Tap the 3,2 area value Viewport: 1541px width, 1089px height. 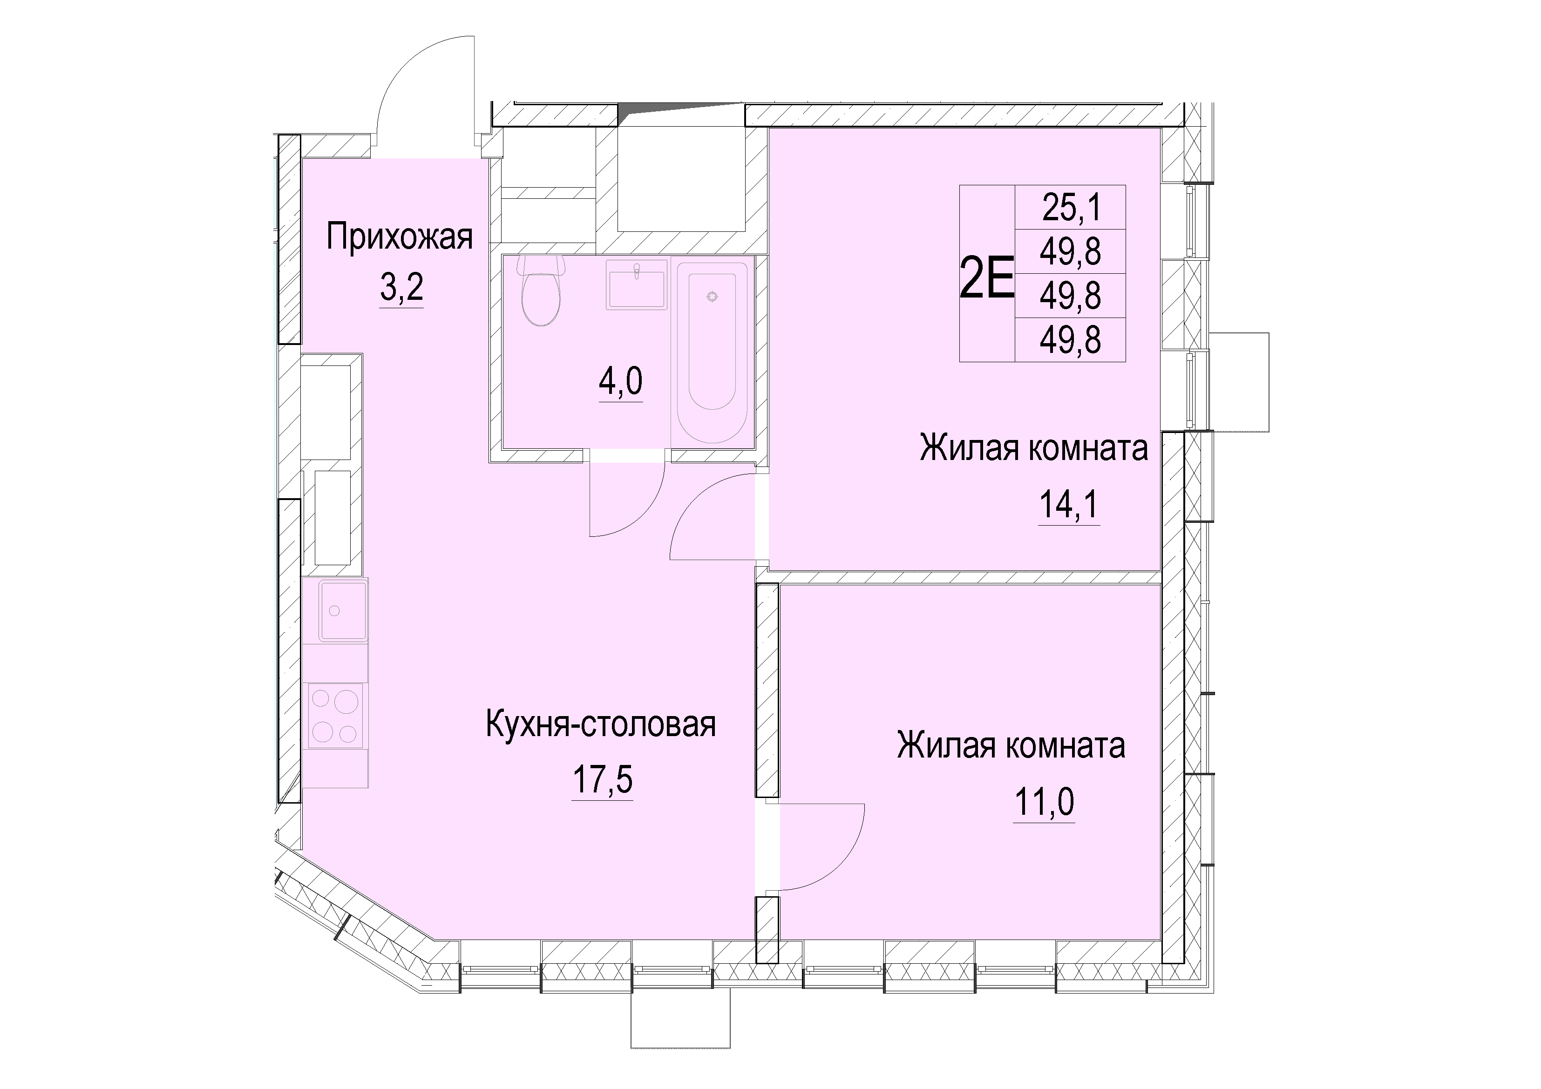click(x=401, y=289)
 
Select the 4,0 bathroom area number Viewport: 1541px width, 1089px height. click(x=621, y=382)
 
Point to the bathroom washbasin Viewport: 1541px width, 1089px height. click(x=636, y=284)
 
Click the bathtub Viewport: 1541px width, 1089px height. click(x=713, y=352)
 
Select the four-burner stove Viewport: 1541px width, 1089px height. click(x=335, y=715)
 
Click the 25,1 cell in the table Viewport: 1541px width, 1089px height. click(x=1071, y=207)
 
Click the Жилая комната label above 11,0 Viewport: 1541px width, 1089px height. click(x=1011, y=746)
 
